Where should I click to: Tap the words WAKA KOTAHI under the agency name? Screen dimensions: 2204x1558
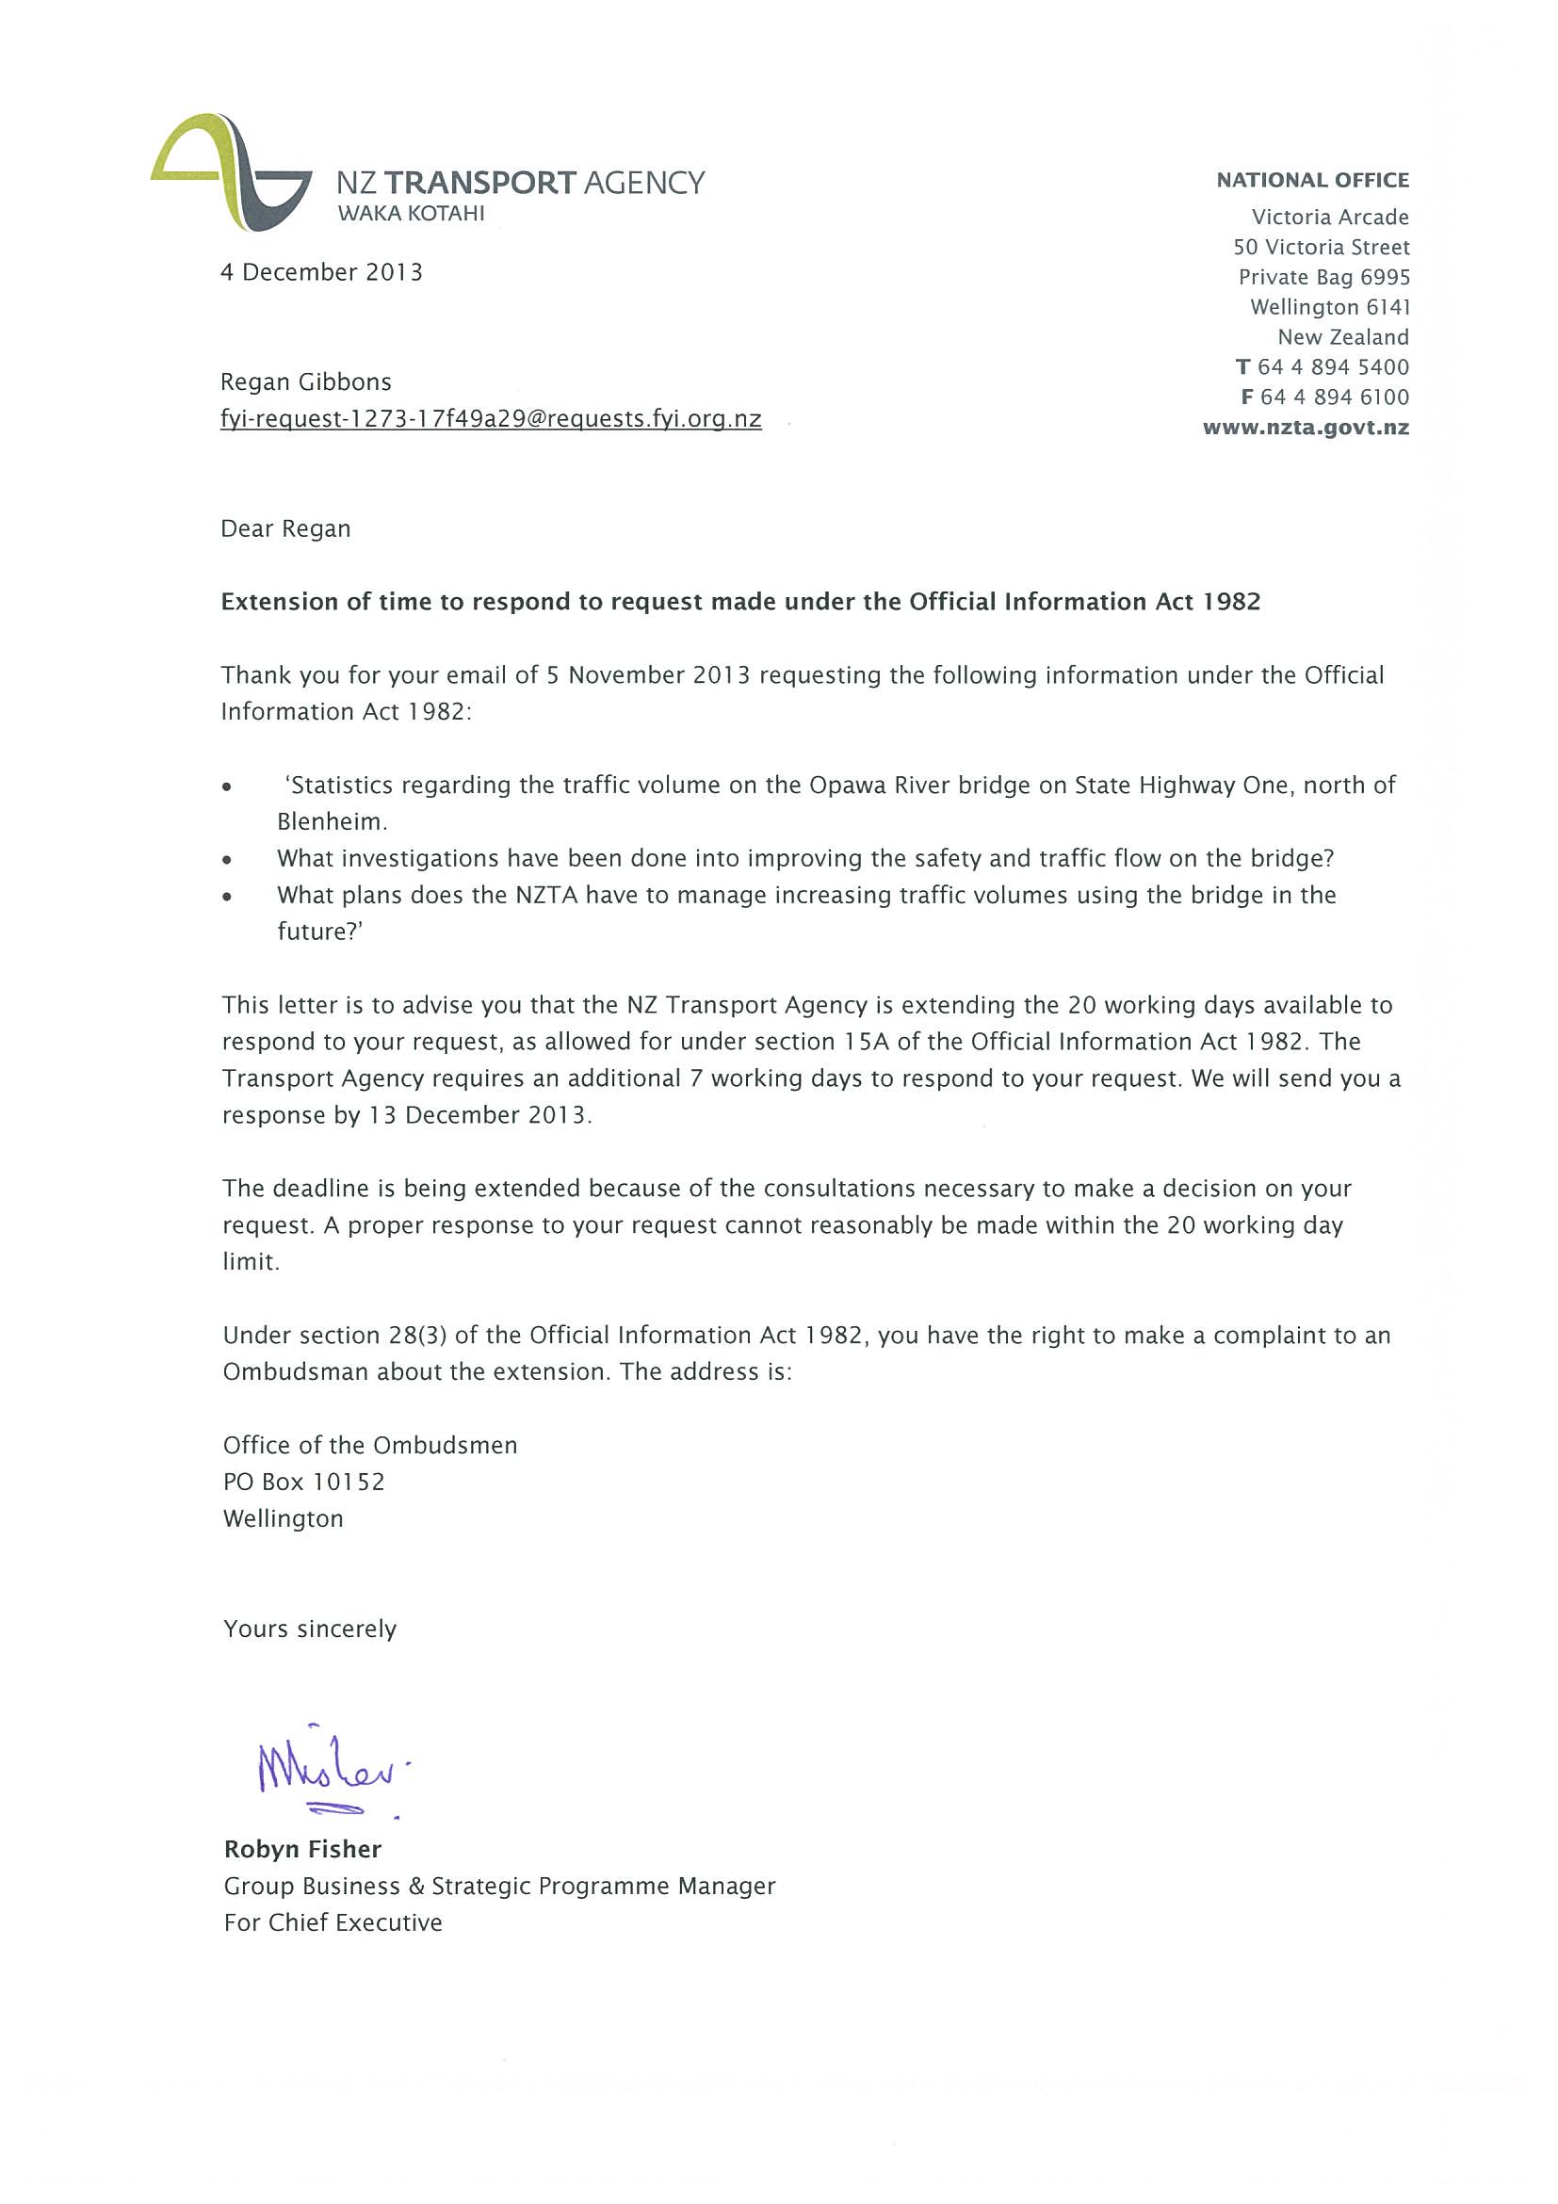[411, 214]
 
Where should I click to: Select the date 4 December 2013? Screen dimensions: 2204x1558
[321, 272]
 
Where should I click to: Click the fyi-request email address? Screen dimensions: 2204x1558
[491, 419]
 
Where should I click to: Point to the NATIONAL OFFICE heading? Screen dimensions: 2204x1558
[1312, 181]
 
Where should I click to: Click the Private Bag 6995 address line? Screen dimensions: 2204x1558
[1323, 278]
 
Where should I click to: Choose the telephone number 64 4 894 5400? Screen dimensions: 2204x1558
[1333, 367]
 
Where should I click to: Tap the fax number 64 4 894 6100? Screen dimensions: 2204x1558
[1335, 397]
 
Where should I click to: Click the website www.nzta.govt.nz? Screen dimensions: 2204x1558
[1306, 429]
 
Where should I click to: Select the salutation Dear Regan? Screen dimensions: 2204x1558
[286, 529]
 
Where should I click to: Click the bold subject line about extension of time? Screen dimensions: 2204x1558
[740, 602]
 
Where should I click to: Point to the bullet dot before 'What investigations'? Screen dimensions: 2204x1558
[227, 860]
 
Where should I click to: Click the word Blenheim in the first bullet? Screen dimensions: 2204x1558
[332, 821]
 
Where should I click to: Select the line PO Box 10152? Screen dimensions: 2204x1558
[303, 1483]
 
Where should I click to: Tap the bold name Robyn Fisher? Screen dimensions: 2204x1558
[302, 1850]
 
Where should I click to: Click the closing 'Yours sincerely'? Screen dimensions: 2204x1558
[310, 1629]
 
